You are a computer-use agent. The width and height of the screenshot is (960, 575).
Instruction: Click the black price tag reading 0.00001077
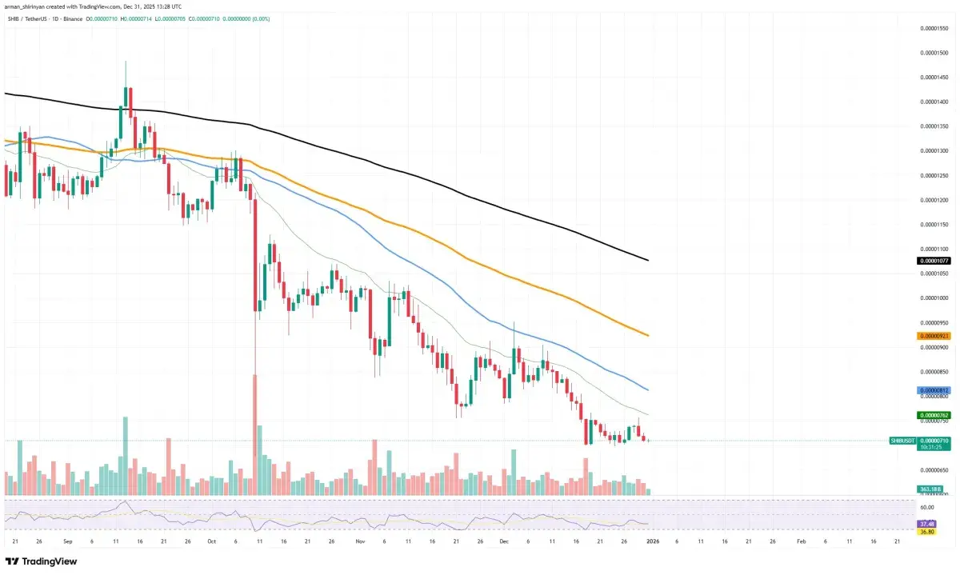point(933,261)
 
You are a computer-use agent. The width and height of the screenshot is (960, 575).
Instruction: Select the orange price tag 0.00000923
point(933,336)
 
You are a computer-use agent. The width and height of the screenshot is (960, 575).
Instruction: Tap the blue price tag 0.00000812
point(933,390)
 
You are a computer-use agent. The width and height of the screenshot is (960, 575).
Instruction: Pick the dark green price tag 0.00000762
point(933,415)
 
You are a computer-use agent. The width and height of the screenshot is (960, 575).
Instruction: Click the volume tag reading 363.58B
point(928,489)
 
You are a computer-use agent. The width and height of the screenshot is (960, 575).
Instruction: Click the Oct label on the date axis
point(211,541)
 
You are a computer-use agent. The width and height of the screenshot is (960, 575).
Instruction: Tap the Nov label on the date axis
point(360,541)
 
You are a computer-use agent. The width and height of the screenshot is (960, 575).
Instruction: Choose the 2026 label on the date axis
point(653,541)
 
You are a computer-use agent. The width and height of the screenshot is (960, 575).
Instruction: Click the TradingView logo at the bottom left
point(41,561)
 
